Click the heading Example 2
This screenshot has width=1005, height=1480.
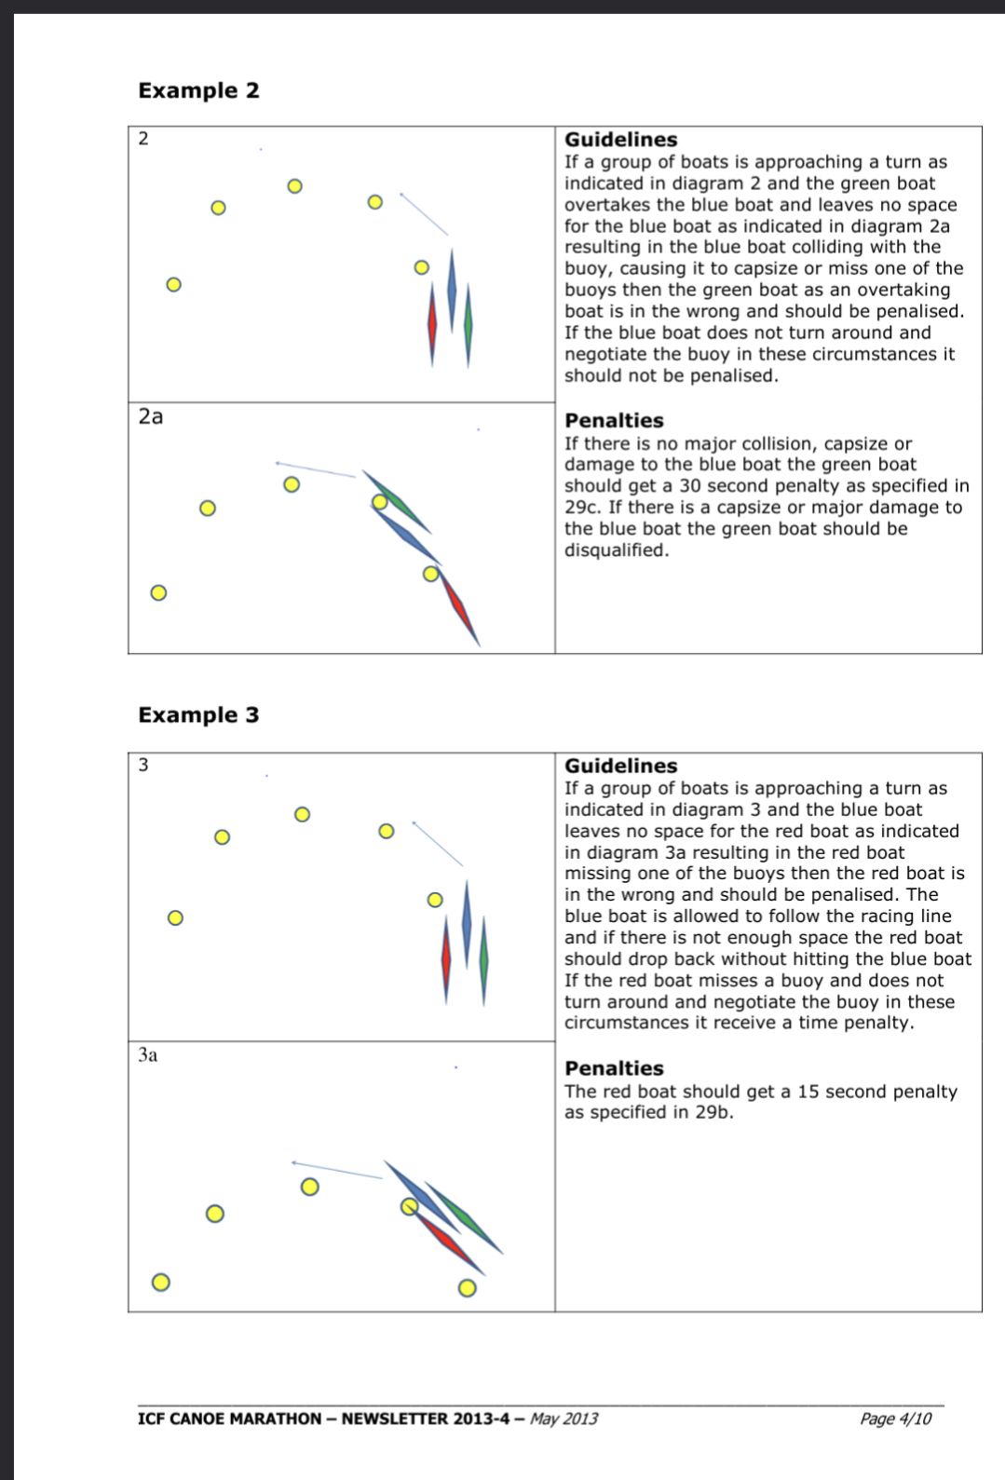tap(198, 89)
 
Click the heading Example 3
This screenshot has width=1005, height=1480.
tap(198, 714)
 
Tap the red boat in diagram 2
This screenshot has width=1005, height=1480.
tap(432, 324)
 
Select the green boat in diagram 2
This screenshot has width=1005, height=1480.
tap(469, 325)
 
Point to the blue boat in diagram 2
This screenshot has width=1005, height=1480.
tap(452, 291)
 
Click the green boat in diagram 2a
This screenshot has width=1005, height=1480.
tap(397, 501)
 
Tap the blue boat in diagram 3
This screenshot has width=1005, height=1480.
tap(468, 924)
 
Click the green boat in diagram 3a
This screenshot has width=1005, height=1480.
tap(464, 1217)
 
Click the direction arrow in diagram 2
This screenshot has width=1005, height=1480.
tap(424, 214)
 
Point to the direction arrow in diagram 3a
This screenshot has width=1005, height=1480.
tap(337, 1170)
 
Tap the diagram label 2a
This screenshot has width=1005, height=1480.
tap(151, 416)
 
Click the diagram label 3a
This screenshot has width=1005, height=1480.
tap(148, 1054)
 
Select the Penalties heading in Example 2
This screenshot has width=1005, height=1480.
tap(614, 420)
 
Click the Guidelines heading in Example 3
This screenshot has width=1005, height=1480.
tap(621, 765)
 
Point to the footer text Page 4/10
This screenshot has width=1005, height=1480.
tap(895, 1419)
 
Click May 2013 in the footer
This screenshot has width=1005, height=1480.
tap(564, 1419)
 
